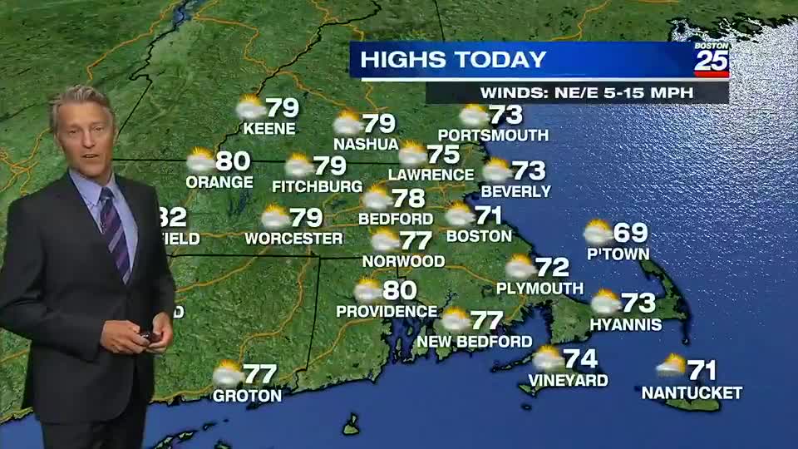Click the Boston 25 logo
pos(712,59)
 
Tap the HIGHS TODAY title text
pos(454,60)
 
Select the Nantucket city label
pos(692,392)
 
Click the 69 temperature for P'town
pos(630,233)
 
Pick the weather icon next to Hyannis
pos(605,302)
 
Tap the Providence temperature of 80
pos(400,290)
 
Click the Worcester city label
pos(293,239)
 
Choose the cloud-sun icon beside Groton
pos(228,374)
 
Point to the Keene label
pos(268,129)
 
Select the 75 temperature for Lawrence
pos(444,155)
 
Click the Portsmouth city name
pos(493,135)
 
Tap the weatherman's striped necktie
pos(115,234)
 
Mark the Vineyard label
pos(568,381)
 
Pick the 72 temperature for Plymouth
pos(552,267)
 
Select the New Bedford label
pos(475,341)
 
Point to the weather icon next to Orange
pos(200,160)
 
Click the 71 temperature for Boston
pos(489,215)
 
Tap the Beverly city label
pos(515,191)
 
